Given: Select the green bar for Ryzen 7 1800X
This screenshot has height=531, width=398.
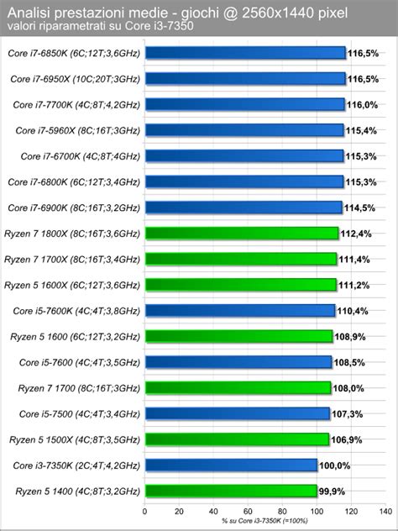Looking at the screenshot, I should click(242, 233).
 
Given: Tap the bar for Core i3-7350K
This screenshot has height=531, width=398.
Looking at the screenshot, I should click(232, 465).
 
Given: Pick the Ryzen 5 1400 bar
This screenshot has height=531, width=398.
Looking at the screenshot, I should click(232, 491).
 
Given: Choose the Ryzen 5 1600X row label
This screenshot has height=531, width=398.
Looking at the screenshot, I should click(74, 285).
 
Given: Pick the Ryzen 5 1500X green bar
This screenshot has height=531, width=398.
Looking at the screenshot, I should click(237, 439).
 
